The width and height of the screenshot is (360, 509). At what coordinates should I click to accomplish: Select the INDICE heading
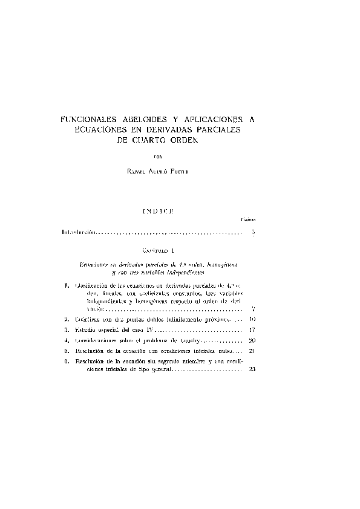(158, 211)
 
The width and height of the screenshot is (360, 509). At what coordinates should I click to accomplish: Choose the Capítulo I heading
(159, 249)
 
